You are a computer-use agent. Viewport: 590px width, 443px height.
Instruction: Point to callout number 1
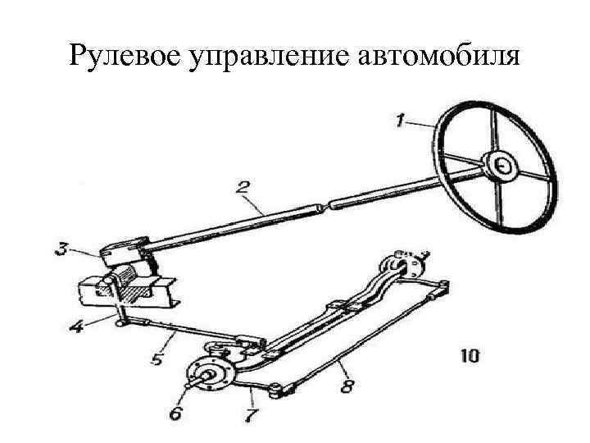[x=399, y=122]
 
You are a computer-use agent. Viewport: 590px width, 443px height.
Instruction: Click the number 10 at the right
[x=470, y=357]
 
